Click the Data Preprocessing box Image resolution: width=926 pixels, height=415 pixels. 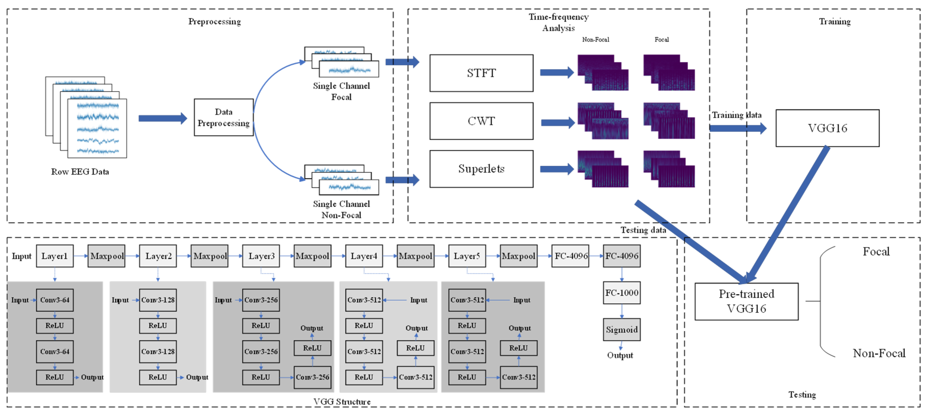223,117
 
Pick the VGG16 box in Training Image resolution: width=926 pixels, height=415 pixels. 827,128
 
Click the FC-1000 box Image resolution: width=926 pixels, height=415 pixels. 621,293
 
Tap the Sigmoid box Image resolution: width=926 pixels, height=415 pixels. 621,329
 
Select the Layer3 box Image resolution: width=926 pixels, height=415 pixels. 261,256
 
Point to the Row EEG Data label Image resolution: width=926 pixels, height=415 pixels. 80,172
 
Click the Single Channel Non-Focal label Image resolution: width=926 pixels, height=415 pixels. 341,209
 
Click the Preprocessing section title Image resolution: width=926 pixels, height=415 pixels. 215,22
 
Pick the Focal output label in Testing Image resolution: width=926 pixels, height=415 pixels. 876,251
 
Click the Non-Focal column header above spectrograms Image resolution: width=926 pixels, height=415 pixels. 595,40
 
